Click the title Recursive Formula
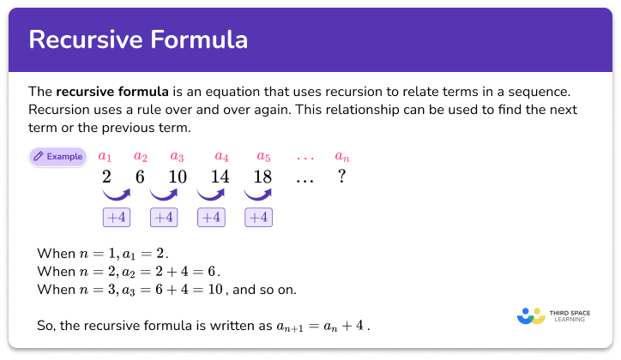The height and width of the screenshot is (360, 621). tap(137, 39)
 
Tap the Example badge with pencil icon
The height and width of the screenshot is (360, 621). tap(57, 157)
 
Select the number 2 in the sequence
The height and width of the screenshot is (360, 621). tap(106, 178)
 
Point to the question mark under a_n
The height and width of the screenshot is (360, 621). tap(341, 178)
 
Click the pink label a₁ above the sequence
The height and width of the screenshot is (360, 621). tap(106, 158)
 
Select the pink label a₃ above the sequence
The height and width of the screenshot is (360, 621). tap(177, 158)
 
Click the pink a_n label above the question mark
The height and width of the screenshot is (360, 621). tap(342, 158)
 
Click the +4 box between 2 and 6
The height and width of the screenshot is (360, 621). tap(116, 218)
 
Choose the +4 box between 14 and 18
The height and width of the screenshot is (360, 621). tap(257, 218)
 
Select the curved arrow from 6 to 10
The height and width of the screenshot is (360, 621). tap(163, 197)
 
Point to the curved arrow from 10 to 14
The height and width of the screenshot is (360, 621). tap(210, 197)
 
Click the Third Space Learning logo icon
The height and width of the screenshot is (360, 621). tap(532, 315)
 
